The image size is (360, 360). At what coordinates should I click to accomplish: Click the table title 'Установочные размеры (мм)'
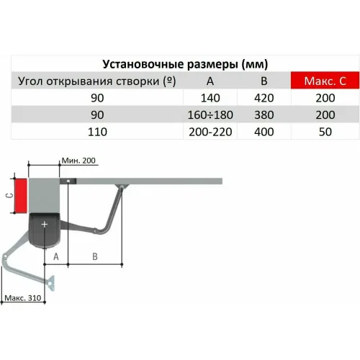pyautogui.click(x=185, y=64)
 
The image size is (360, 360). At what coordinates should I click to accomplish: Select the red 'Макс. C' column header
pyautogui.click(x=325, y=81)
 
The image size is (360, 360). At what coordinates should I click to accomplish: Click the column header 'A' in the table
pyautogui.click(x=210, y=81)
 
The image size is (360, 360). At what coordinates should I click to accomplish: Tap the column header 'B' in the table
pyautogui.click(x=264, y=81)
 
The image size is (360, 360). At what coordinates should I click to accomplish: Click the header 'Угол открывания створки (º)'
pyautogui.click(x=97, y=81)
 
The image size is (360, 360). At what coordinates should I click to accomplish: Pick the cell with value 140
pyautogui.click(x=210, y=98)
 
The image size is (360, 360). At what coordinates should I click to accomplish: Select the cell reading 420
pyautogui.click(x=264, y=98)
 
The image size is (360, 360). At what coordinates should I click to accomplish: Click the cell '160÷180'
pyautogui.click(x=210, y=115)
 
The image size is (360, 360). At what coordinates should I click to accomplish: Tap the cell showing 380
pyautogui.click(x=264, y=115)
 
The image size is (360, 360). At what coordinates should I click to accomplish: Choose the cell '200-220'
pyautogui.click(x=210, y=132)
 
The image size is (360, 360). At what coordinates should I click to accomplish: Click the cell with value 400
pyautogui.click(x=264, y=132)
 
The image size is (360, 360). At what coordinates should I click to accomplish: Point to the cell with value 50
pyautogui.click(x=325, y=132)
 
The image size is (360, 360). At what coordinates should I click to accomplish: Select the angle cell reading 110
pyautogui.click(x=97, y=132)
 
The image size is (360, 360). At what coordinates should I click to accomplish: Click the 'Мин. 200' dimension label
pyautogui.click(x=78, y=161)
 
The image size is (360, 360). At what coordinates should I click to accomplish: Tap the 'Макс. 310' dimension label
pyautogui.click(x=23, y=298)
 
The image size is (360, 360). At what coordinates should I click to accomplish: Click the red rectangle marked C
pyautogui.click(x=21, y=196)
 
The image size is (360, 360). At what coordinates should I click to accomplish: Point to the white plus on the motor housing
pyautogui.click(x=45, y=224)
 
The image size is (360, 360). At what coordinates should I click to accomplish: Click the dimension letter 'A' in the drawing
pyautogui.click(x=56, y=256)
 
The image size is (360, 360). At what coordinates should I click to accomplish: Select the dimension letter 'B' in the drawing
pyautogui.click(x=95, y=256)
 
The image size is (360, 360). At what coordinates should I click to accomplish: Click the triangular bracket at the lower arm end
pyautogui.click(x=51, y=283)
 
